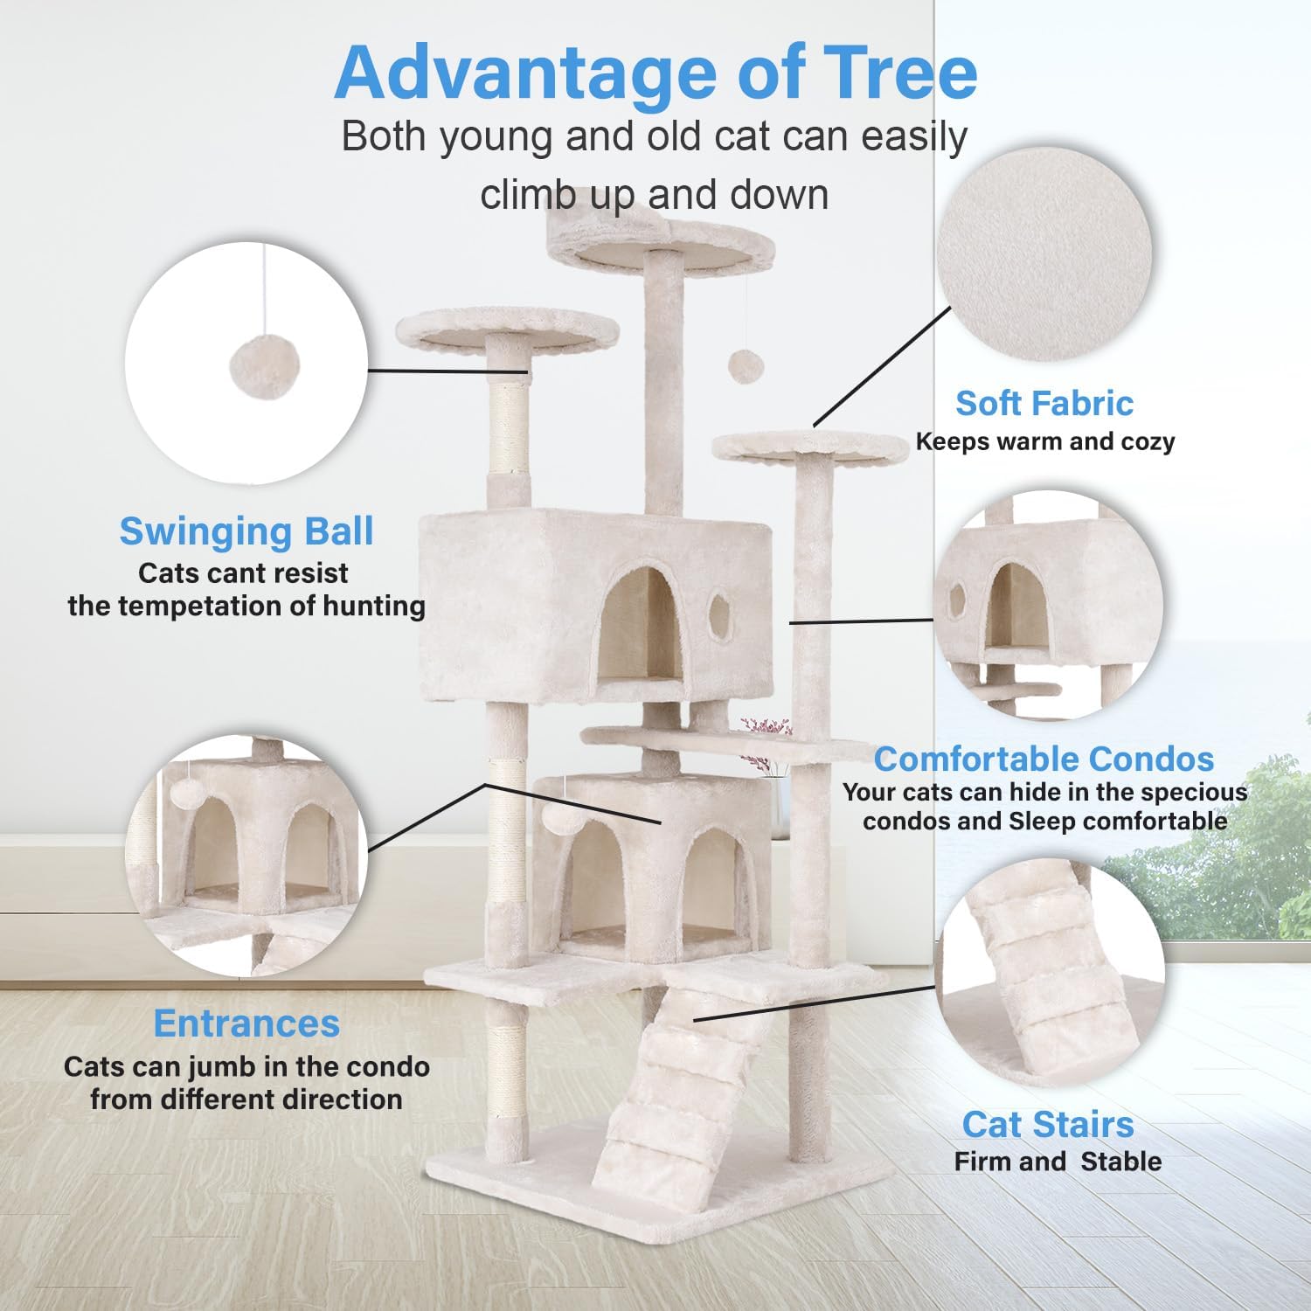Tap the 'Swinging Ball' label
pyautogui.click(x=246, y=531)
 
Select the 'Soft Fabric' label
pyautogui.click(x=1044, y=404)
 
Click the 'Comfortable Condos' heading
pyautogui.click(x=1044, y=759)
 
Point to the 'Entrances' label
pyautogui.click(x=246, y=1023)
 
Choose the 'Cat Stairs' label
pyautogui.click(x=1048, y=1125)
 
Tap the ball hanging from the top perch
pyautogui.click(x=745, y=366)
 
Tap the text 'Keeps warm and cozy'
pyautogui.click(x=1044, y=442)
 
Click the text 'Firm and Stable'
pyautogui.click(x=1058, y=1162)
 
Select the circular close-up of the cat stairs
pyautogui.click(x=1052, y=970)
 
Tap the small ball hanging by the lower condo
pyautogui.click(x=556, y=818)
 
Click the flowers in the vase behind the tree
pyautogui.click(x=766, y=727)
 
